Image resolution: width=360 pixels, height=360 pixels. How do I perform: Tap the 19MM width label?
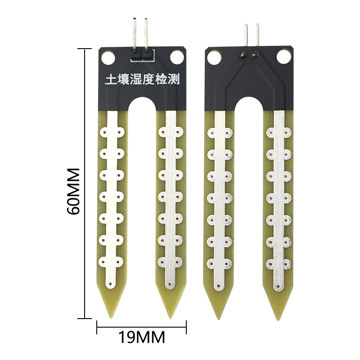point(142,337)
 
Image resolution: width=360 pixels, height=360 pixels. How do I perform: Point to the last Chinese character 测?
point(175,80)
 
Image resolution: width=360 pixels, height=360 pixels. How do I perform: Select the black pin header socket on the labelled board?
point(141,54)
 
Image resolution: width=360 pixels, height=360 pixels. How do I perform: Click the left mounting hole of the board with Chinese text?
point(108,57)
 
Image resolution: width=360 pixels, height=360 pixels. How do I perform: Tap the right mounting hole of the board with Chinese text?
point(176,57)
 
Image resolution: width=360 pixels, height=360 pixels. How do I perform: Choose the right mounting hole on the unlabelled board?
point(283,57)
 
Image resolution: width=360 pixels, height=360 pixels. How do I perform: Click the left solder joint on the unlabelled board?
point(243,55)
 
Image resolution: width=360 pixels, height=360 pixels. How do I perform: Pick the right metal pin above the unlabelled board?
point(257,34)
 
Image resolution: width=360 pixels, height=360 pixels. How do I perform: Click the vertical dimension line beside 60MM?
point(85,180)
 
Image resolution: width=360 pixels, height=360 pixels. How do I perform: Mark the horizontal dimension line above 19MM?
point(142,326)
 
